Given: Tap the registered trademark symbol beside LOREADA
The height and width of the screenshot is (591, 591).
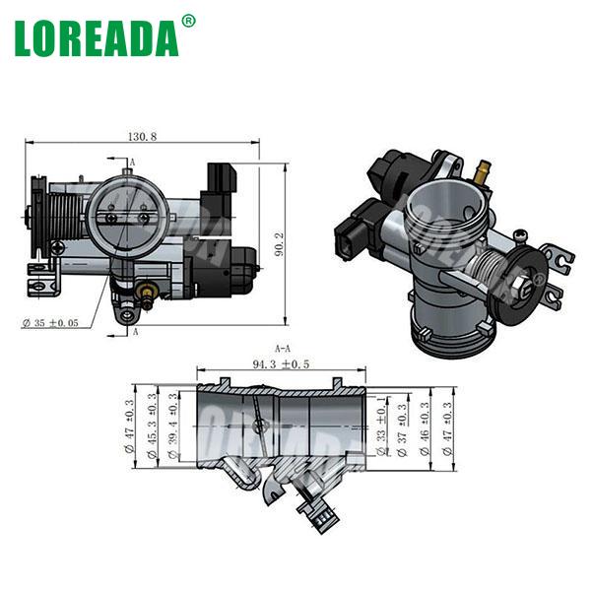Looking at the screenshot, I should tap(189, 20).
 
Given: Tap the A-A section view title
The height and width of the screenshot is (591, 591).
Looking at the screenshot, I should tap(282, 348).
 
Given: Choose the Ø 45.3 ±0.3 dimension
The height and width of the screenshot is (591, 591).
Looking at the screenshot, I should tap(152, 425).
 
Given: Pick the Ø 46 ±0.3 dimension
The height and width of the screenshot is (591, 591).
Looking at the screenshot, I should tap(425, 425).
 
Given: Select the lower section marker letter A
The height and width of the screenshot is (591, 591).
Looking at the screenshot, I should tap(134, 333).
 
